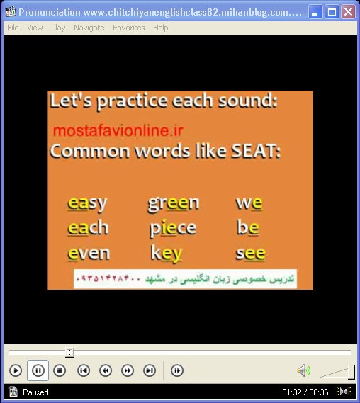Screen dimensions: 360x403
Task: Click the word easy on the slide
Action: click(x=87, y=203)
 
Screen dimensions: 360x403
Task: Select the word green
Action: click(x=174, y=203)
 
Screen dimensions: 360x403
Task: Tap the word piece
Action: click(x=173, y=228)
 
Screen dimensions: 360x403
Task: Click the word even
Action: click(x=89, y=254)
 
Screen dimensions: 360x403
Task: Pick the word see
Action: click(x=250, y=254)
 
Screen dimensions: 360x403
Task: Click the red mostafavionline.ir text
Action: click(x=118, y=130)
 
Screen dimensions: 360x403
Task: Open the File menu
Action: click(x=13, y=28)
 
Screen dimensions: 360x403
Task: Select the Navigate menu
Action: click(x=89, y=28)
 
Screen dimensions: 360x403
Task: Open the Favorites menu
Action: click(x=129, y=28)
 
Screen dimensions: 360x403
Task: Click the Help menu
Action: click(x=161, y=28)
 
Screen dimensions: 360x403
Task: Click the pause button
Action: click(x=38, y=370)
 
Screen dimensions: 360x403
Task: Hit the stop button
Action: click(x=60, y=370)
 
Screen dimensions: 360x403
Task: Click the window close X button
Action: click(x=348, y=12)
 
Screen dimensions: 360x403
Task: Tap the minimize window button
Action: click(x=315, y=12)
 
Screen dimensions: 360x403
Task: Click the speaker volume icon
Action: click(x=304, y=370)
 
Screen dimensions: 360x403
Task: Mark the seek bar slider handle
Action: click(x=69, y=353)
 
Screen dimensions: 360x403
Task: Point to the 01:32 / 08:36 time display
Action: click(x=305, y=392)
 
